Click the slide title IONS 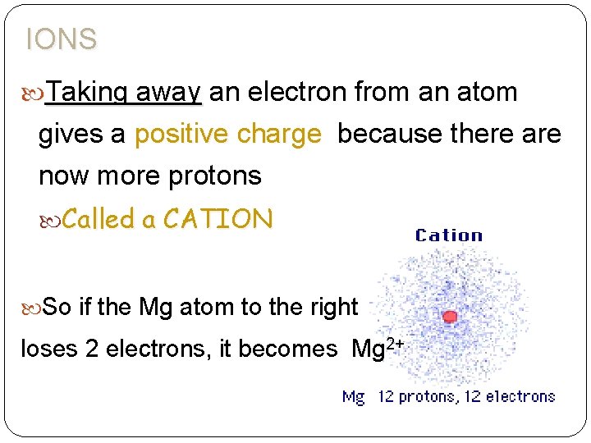[62, 39]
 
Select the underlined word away [169, 92]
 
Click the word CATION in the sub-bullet [218, 219]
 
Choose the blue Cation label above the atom [449, 235]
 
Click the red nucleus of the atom [449, 317]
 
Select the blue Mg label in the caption [354, 397]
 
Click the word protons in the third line [213, 176]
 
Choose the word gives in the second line [71, 134]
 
